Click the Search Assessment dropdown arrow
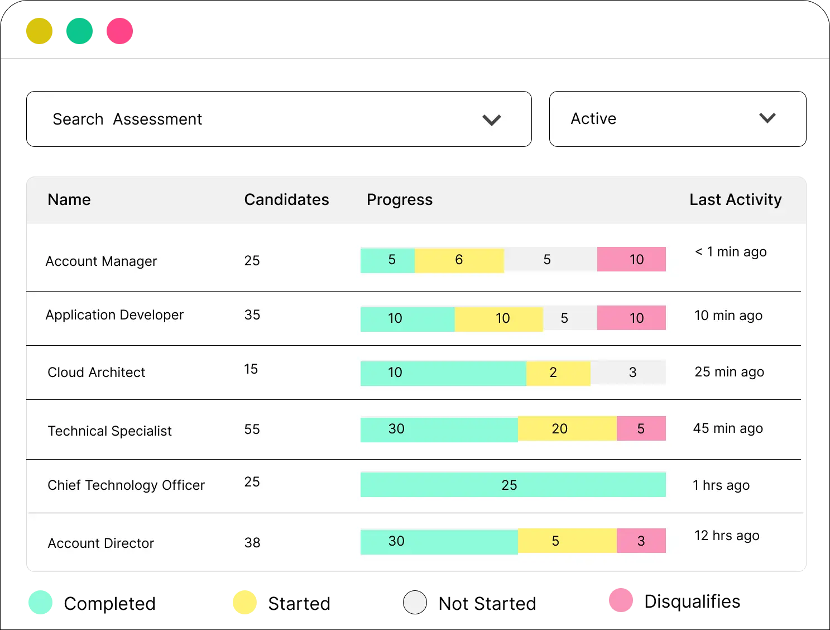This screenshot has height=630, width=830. click(491, 120)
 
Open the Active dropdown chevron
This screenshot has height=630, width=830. click(767, 118)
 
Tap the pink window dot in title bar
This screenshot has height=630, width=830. click(119, 31)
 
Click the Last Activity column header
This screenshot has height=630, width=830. click(735, 199)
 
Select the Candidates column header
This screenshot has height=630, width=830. click(286, 199)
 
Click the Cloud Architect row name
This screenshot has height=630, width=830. click(96, 373)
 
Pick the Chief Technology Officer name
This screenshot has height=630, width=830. click(126, 485)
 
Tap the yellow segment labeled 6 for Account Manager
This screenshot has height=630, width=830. click(459, 260)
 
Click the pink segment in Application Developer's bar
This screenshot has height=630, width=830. click(631, 318)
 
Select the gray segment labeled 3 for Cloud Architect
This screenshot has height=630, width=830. click(628, 373)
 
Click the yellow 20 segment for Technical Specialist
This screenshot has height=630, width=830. click(567, 428)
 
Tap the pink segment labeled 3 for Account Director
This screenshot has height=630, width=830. click(641, 541)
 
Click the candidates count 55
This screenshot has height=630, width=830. click(252, 429)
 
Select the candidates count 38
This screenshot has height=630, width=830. click(252, 542)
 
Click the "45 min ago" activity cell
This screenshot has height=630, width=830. click(728, 428)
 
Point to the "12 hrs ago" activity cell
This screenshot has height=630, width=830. click(727, 536)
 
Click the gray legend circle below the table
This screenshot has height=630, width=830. click(415, 603)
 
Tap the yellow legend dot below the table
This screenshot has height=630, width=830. click(245, 603)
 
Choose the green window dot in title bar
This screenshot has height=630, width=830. click(79, 31)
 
